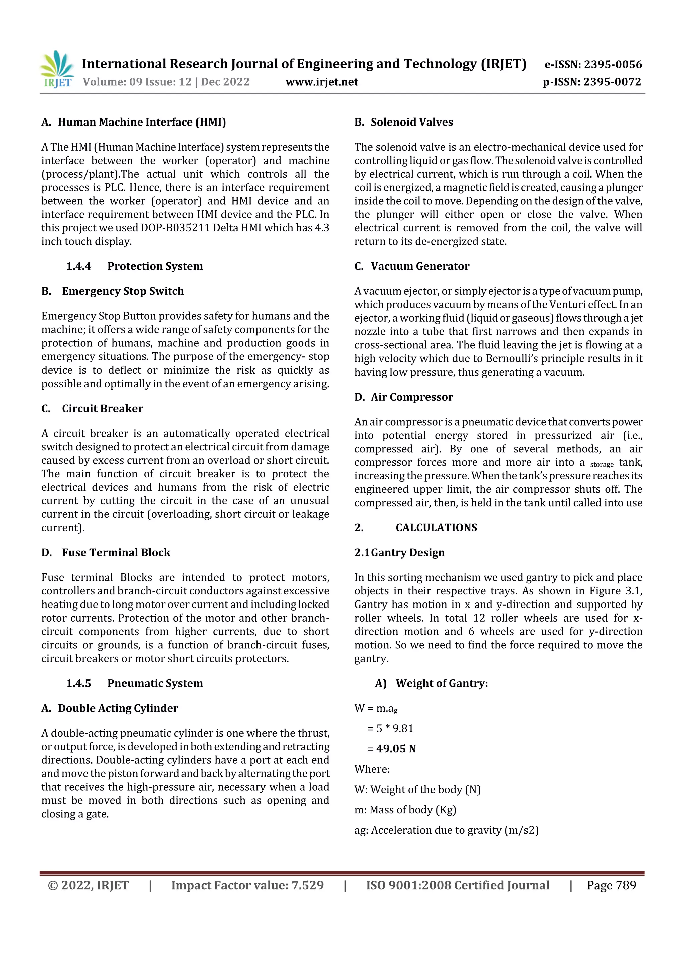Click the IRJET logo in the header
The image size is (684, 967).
point(57,69)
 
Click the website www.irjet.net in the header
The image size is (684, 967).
point(322,82)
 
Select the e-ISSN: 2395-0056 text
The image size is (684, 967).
point(593,64)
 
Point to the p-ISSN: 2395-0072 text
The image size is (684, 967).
point(592,82)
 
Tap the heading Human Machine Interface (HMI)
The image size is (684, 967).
point(142,122)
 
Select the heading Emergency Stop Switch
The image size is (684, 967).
point(123,291)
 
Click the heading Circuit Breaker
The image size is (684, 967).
point(103,408)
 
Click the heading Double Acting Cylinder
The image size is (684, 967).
point(118,708)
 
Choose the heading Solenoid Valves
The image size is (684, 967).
point(411,122)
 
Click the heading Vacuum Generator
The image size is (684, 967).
point(420,266)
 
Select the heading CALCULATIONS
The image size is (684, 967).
point(436,527)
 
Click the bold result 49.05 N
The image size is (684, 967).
point(396,748)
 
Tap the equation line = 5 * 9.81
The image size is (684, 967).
point(390,728)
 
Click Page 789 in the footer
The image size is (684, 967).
point(611,885)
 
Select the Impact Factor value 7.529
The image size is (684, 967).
point(307,885)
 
